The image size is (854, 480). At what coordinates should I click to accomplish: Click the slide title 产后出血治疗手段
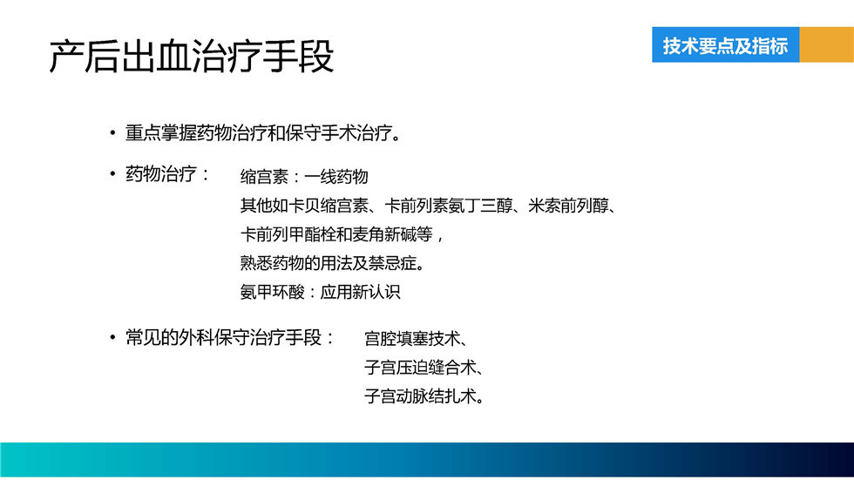[x=191, y=56]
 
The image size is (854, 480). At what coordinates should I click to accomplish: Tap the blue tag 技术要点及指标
[x=725, y=44]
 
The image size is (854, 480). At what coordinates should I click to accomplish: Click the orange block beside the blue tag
[x=827, y=44]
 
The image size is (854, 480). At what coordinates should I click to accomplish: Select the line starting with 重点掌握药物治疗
[x=263, y=132]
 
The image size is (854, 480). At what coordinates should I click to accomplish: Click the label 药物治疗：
[x=167, y=174]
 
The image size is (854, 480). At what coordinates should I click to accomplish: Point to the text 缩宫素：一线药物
[x=304, y=177]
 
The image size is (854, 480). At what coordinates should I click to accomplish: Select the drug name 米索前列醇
[x=568, y=206]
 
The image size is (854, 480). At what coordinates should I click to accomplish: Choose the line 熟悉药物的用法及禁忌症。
[x=332, y=263]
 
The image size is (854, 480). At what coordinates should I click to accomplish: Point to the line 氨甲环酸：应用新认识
[x=321, y=292]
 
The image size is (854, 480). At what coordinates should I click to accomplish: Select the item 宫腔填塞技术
[x=412, y=339]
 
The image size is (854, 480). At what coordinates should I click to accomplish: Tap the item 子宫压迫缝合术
[x=420, y=368]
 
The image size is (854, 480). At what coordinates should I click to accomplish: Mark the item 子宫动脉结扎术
[x=420, y=396]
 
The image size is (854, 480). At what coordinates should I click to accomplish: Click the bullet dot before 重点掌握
[x=112, y=132]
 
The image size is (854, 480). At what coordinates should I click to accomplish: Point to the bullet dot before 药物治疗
[x=112, y=174]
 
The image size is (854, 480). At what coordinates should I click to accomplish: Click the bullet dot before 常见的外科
[x=112, y=337]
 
